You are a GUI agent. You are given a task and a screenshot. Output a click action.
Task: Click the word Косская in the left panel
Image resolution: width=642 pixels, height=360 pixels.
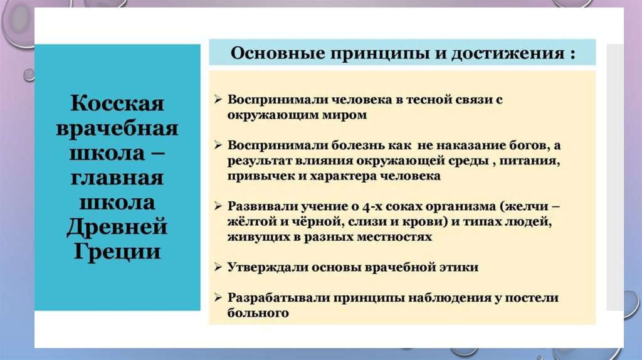pyautogui.click(x=117, y=103)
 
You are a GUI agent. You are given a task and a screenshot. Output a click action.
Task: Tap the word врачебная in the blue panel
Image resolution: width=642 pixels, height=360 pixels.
pyautogui.click(x=117, y=128)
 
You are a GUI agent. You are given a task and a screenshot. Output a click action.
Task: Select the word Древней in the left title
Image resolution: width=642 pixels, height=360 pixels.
pyautogui.click(x=117, y=227)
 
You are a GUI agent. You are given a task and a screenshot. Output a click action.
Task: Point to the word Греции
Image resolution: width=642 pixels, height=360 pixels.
pyautogui.click(x=117, y=251)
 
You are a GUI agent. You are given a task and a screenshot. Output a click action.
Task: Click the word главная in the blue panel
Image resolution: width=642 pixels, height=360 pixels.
pyautogui.click(x=117, y=177)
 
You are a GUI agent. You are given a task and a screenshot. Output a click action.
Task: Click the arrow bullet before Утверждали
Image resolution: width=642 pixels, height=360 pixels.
pyautogui.click(x=218, y=267)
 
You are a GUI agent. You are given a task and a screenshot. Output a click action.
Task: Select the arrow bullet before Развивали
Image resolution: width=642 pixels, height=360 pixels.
pyautogui.click(x=218, y=206)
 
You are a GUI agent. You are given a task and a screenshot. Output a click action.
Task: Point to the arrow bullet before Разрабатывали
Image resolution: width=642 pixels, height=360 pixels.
pyautogui.click(x=218, y=298)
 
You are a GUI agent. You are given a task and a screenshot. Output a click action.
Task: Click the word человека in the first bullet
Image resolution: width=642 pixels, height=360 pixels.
pyautogui.click(x=361, y=100)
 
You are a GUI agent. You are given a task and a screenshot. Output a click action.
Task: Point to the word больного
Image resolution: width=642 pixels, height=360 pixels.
pyautogui.click(x=258, y=314)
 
